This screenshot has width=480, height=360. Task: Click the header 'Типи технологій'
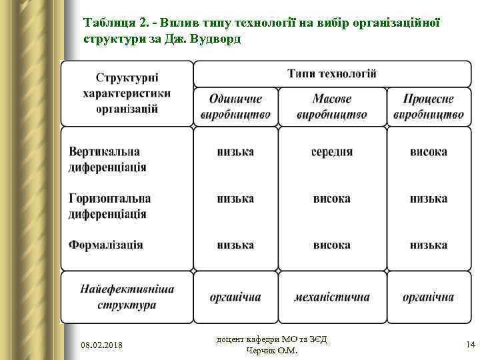(332, 73)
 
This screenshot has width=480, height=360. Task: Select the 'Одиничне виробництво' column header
(235, 106)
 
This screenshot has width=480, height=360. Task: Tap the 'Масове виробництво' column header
(332, 106)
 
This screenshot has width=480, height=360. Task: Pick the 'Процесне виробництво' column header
(428, 106)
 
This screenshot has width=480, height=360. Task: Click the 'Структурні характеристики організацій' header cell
(127, 93)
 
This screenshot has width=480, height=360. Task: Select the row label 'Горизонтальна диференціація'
(110, 206)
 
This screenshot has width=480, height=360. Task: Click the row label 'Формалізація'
(106, 245)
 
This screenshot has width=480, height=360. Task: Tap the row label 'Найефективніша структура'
(127, 297)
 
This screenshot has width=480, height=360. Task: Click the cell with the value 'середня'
(332, 151)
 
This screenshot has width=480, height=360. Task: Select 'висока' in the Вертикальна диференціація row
(428, 151)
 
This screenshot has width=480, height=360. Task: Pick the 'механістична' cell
(332, 297)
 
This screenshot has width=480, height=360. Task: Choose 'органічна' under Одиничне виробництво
(235, 297)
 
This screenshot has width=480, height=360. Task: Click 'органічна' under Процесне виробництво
(428, 297)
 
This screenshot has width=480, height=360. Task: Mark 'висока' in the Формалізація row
(332, 245)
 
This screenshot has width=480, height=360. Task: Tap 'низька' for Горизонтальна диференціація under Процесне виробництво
(428, 199)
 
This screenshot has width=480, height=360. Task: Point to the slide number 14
(470, 344)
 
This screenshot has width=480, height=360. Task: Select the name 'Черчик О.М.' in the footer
(272, 351)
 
